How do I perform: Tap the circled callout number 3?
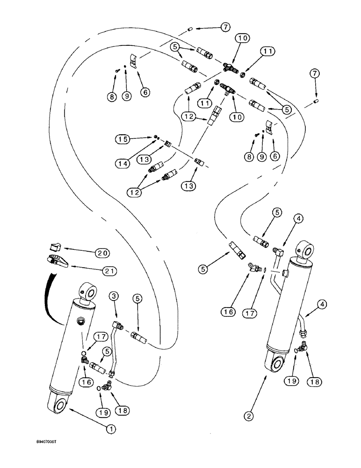coord(114,296)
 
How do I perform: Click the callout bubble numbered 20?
coord(102,253)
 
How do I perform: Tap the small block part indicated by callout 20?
coord(55,247)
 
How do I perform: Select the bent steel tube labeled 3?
coord(114,351)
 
